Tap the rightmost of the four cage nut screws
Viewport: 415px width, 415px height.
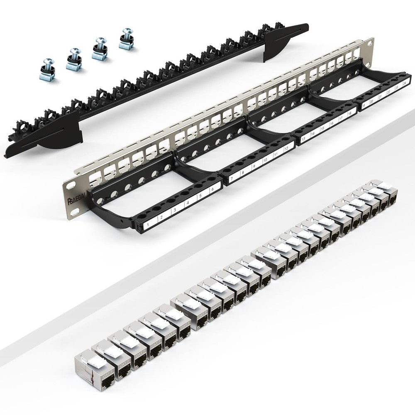point(126,38)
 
